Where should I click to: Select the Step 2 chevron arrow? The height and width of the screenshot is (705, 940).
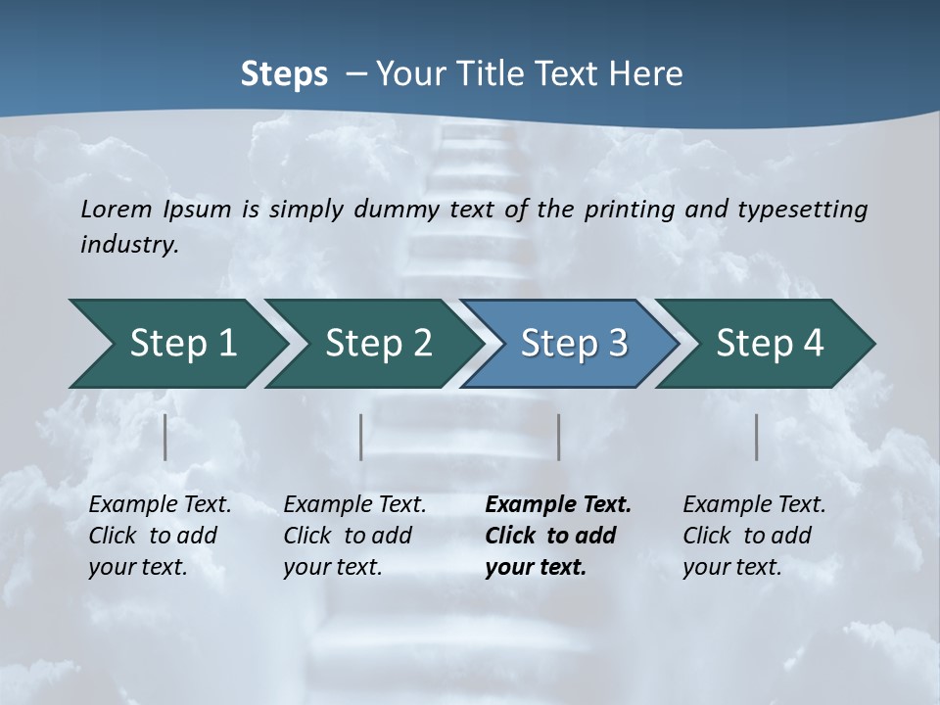[x=376, y=344]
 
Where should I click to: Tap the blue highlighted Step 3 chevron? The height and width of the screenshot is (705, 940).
[x=572, y=344]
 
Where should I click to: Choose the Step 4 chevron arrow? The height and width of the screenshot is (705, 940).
[x=768, y=344]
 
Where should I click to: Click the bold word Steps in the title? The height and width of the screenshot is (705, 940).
[x=284, y=74]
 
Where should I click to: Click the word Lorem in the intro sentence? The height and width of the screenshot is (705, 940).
[x=117, y=209]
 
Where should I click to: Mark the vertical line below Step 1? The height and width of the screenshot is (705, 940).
[x=165, y=437]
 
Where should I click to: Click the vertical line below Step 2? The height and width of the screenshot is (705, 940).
[x=361, y=437]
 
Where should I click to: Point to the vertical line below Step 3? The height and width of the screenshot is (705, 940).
[x=559, y=437]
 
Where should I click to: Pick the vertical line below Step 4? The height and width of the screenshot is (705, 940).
[x=757, y=437]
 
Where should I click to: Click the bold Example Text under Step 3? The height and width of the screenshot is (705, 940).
[x=558, y=505]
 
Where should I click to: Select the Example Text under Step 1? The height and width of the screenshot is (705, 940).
[x=160, y=505]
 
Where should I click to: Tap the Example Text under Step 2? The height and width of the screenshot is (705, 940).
[x=354, y=505]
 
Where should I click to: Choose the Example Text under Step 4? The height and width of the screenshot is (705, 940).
[x=754, y=505]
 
